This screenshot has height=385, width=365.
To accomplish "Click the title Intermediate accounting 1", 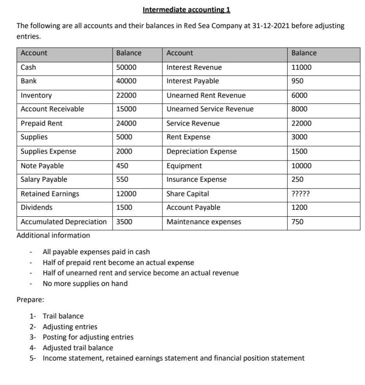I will click(x=187, y=9).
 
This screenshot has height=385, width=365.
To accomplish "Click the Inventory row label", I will click(x=36, y=95).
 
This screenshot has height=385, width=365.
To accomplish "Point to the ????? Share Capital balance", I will click(x=301, y=194).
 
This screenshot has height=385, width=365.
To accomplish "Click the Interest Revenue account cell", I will click(x=194, y=67).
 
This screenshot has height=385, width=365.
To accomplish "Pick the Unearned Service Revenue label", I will click(x=210, y=109).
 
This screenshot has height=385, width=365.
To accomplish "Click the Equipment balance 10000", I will click(x=302, y=166).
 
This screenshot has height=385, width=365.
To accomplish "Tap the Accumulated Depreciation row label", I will click(x=63, y=222).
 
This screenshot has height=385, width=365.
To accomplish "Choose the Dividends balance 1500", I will click(x=124, y=208).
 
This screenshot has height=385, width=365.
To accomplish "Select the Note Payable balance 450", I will click(x=122, y=166).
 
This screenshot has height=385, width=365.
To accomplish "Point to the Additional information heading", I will click(x=53, y=235).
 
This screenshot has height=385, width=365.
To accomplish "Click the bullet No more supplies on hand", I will click(x=85, y=284).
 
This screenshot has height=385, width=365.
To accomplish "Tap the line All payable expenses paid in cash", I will click(x=96, y=252).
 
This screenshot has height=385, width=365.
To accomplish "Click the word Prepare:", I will click(x=30, y=300).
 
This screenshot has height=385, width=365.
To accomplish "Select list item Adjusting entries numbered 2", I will click(x=70, y=327).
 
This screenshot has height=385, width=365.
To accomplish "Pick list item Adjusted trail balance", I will click(x=78, y=348).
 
